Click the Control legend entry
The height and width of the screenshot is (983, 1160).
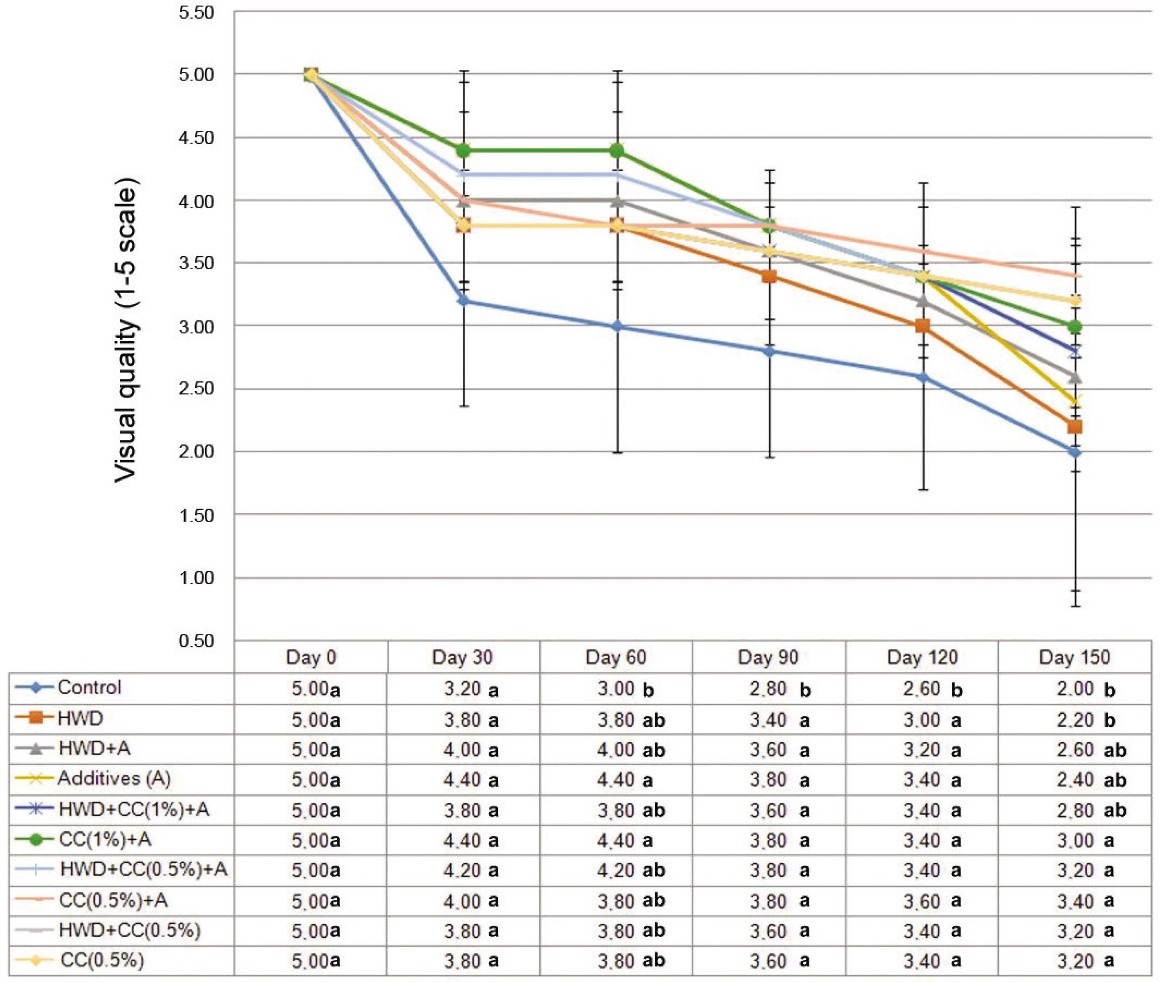89,687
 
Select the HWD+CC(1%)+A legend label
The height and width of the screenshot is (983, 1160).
134,809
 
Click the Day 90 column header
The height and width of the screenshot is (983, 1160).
768,657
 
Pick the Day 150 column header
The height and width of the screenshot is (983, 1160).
1074,657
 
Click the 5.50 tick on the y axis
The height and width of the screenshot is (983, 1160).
196,12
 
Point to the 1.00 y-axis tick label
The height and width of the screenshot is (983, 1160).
196,578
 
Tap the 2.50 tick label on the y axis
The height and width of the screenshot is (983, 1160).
196,388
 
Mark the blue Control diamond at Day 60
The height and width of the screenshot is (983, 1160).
616,326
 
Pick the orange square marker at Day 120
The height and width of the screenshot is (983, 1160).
923,326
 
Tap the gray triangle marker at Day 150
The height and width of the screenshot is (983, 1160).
1075,377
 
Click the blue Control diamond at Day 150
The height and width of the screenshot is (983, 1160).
1075,452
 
